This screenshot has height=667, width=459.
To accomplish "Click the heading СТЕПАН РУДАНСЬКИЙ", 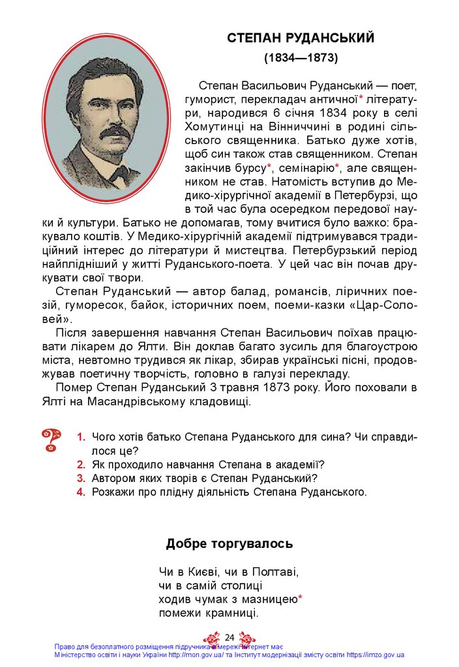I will [x=301, y=38].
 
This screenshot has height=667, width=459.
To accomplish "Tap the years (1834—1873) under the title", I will [x=301, y=58].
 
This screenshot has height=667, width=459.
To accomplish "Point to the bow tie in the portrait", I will [x=118, y=173].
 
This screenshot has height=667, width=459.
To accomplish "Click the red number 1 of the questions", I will [x=81, y=437].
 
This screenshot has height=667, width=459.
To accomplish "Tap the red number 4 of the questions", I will [x=81, y=492].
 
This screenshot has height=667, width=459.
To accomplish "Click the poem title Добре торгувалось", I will [x=229, y=543].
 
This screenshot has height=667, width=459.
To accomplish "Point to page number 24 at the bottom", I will [x=229, y=637].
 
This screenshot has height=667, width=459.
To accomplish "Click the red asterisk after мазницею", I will [x=300, y=598].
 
